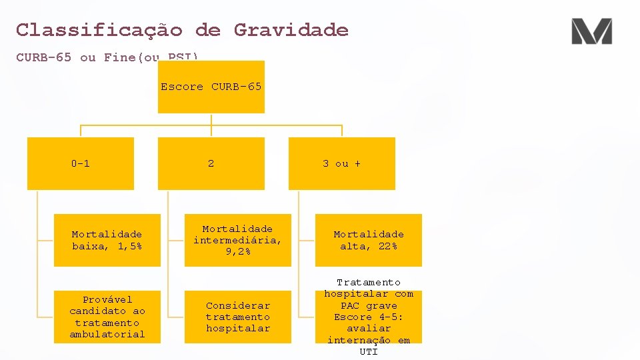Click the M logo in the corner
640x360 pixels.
[x=591, y=31]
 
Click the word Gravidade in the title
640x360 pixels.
[x=291, y=30]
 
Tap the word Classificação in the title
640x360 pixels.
[x=99, y=30]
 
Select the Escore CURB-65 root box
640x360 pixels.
[x=211, y=87]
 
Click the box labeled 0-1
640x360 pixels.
[x=80, y=163]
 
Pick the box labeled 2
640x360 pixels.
[x=211, y=163]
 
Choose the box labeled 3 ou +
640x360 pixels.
[x=341, y=163]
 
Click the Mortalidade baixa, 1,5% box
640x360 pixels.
[x=107, y=240]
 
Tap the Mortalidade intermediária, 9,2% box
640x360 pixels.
[x=237, y=240]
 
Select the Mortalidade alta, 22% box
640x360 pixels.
[x=368, y=240]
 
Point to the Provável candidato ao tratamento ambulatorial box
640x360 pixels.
[x=107, y=317]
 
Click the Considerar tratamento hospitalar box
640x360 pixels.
[x=237, y=317]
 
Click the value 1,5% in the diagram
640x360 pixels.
[x=129, y=247]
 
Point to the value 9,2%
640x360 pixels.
[x=237, y=251]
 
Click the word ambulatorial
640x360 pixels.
[x=107, y=334]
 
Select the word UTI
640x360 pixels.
[x=368, y=351]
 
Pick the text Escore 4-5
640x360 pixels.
[x=368, y=317]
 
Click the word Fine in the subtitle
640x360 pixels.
[x=119, y=57]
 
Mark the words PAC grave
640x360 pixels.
[x=368, y=305]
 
